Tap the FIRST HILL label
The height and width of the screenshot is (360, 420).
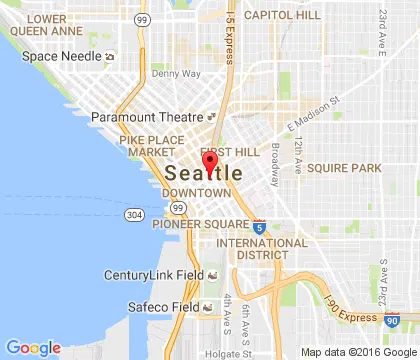pyautogui.click(x=225, y=150)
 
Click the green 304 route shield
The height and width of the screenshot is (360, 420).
pyautogui.click(x=133, y=215)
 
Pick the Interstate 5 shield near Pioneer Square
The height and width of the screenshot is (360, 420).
pyautogui.click(x=259, y=228)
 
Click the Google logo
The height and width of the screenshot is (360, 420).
pyautogui.click(x=33, y=347)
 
